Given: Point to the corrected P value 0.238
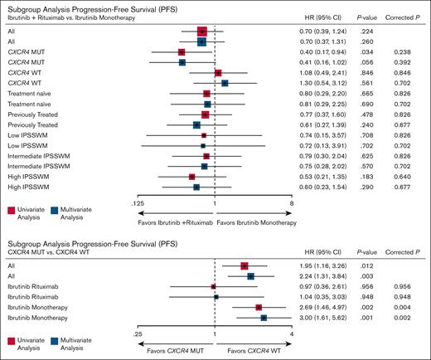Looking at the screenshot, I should (x=404, y=51).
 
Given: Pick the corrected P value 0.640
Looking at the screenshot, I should (x=404, y=176).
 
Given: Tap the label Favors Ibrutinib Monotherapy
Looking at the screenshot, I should (x=253, y=223).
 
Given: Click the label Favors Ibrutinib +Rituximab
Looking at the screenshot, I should (x=175, y=223).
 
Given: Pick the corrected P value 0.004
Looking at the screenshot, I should (x=404, y=307).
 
